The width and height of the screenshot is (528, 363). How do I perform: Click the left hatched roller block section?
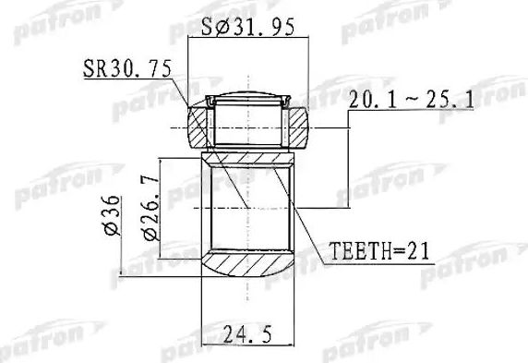[x=200, y=127]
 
